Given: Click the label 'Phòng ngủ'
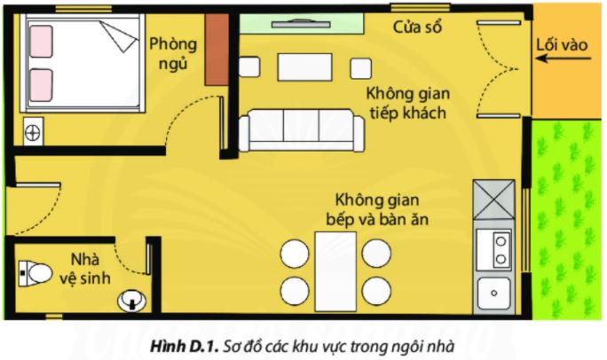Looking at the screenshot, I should [173, 54].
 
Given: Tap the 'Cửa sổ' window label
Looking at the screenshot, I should [418, 27].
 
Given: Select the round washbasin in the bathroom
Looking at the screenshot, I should [130, 301].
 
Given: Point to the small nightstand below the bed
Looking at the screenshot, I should [33, 133].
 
